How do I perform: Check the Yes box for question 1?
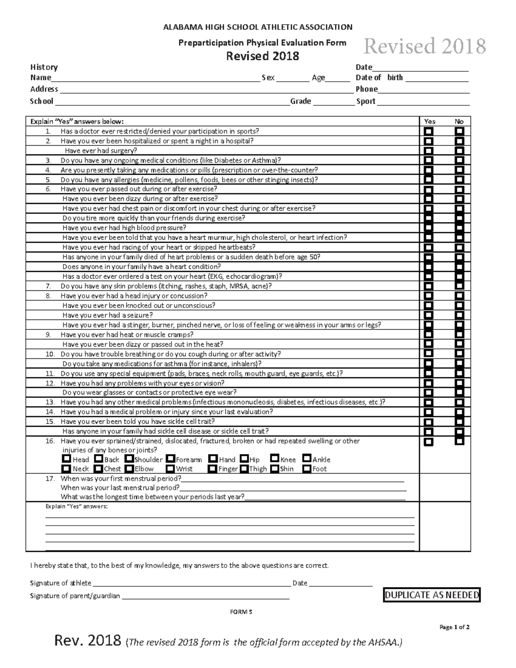(x=429, y=131)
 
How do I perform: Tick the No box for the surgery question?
(x=460, y=151)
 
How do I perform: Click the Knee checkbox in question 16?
(x=275, y=459)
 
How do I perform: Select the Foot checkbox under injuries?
(x=307, y=468)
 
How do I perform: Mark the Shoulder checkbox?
(x=129, y=459)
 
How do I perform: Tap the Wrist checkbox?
(x=170, y=468)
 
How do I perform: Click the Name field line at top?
(x=155, y=78)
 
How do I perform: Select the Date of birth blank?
(x=436, y=78)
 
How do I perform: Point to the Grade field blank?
(x=333, y=102)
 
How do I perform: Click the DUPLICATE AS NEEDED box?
(x=432, y=595)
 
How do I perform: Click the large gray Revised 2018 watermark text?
(x=424, y=46)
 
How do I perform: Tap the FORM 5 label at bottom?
(x=241, y=612)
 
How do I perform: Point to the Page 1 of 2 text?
(x=454, y=627)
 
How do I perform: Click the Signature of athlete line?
(x=191, y=583)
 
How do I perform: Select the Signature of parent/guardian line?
(x=206, y=596)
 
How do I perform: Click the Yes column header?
(x=430, y=121)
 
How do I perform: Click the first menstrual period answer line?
(x=292, y=479)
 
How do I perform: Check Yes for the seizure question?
(x=429, y=315)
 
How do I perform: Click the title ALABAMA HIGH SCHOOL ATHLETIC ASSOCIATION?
(x=258, y=27)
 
